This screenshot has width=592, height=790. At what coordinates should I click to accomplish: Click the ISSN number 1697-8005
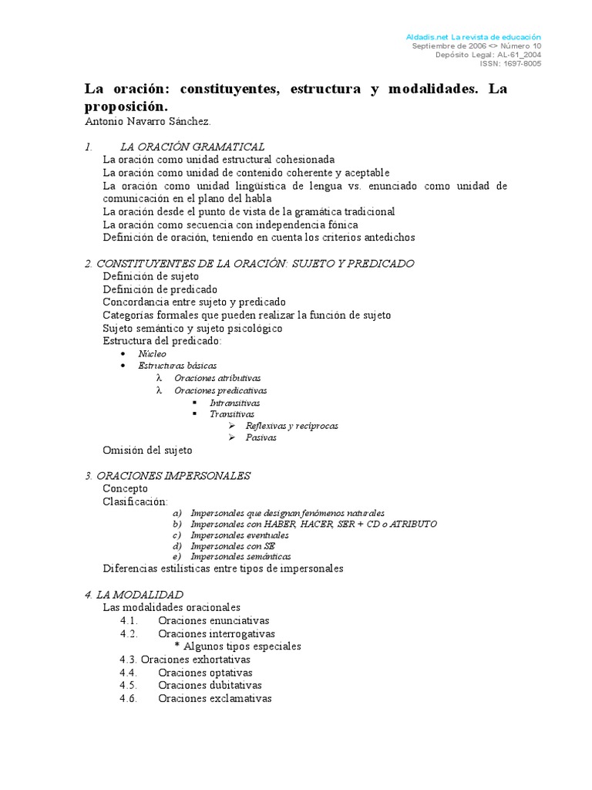522,64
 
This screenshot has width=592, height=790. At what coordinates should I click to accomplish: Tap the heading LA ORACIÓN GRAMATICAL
192,147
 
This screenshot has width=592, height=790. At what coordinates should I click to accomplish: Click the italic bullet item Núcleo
152,353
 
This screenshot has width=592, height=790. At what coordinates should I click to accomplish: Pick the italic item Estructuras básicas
177,366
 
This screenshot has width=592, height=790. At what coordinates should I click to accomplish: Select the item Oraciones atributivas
217,378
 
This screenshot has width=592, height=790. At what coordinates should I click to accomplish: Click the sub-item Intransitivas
234,403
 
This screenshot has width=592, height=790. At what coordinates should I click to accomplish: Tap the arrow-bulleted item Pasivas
261,437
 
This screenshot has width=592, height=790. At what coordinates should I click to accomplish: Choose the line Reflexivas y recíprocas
291,426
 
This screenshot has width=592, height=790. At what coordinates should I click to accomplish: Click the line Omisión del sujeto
147,450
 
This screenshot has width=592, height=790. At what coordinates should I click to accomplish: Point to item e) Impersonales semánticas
240,556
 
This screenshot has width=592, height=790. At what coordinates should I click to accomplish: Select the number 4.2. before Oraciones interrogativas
129,633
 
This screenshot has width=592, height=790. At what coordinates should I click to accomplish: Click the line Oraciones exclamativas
215,698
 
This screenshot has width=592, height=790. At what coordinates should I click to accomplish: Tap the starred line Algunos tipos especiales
242,647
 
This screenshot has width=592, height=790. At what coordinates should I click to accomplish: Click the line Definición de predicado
160,289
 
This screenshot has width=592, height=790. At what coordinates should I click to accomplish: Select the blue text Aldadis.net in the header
426,37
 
